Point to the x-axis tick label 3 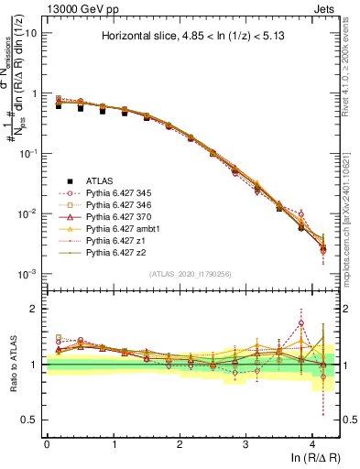(x=245, y=443)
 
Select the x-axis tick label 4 (x=312, y=443)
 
